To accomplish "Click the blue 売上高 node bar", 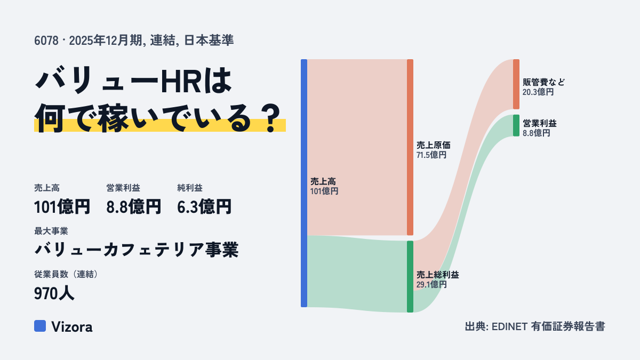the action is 304,183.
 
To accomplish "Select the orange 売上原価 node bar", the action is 410,147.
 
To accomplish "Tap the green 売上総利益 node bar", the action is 410,277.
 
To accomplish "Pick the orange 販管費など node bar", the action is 516,84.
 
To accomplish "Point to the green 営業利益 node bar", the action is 516,125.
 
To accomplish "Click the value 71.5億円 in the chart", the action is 431,155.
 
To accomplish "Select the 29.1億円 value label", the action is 431,285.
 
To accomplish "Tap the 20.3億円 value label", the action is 538,92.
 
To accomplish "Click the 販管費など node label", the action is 543,82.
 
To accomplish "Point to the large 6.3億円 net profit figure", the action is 204,207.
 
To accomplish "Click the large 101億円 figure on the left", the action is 62,207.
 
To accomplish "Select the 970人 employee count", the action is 54,293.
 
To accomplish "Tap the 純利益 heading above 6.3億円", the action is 190,188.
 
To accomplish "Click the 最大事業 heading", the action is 51,231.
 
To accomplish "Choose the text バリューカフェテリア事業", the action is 137,250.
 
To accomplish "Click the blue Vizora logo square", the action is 40,326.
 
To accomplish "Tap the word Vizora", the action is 72,326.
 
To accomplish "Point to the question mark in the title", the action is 271,118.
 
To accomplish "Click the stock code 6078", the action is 46,41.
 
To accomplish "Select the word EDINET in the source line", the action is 509,326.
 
